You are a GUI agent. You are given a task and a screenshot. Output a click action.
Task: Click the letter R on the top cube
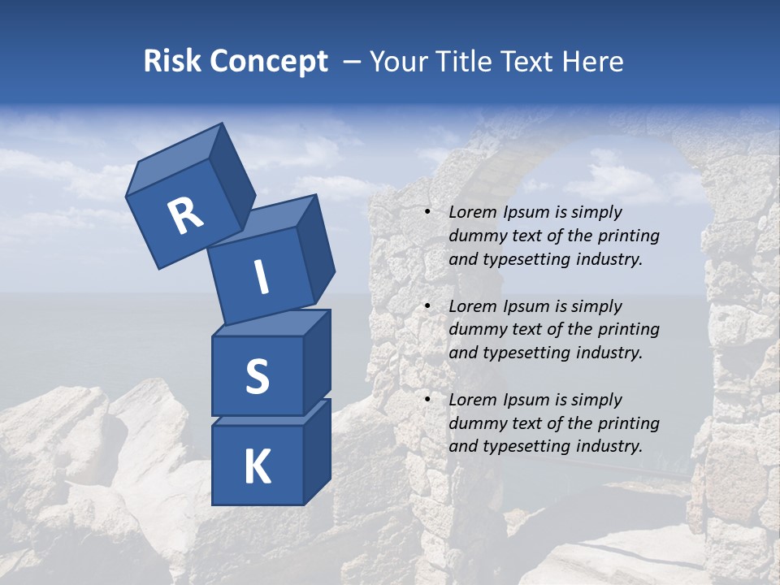click(185, 216)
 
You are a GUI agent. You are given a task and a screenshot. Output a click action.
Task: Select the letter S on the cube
click(257, 377)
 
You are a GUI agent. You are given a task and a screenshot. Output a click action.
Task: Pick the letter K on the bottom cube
click(257, 467)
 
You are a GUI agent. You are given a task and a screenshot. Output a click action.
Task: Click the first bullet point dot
click(428, 212)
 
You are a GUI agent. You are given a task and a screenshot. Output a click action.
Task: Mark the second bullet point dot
click(428, 306)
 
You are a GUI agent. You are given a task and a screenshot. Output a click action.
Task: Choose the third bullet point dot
click(428, 400)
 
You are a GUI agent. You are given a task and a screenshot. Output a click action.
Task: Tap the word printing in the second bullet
click(627, 330)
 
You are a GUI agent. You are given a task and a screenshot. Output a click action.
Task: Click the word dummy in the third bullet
click(474, 423)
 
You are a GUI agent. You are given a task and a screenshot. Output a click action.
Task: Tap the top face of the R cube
click(175, 159)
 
